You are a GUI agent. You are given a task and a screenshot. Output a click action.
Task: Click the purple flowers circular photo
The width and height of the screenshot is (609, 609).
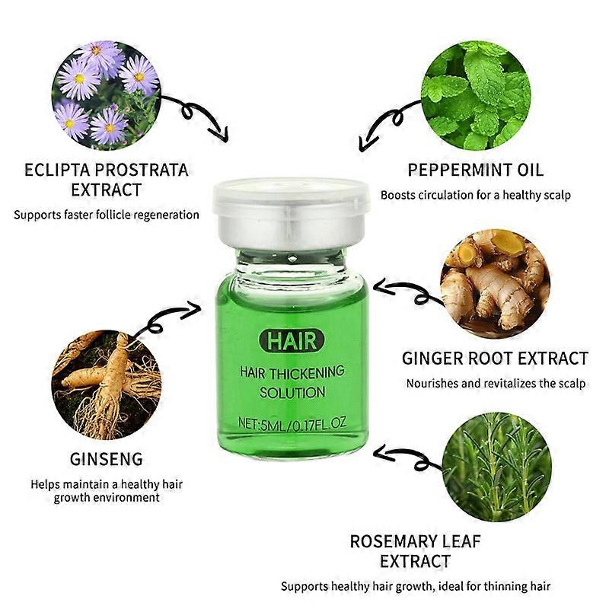[x=107, y=94]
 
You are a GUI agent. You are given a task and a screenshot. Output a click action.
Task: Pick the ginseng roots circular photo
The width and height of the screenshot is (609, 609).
[x=107, y=384]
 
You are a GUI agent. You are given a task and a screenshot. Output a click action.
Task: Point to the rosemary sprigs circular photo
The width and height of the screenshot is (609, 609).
[x=497, y=467]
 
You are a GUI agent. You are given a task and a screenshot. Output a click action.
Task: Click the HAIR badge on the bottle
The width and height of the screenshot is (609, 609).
[x=292, y=340]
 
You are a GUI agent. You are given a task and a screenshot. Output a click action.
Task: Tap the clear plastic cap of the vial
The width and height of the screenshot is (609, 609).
[x=291, y=196]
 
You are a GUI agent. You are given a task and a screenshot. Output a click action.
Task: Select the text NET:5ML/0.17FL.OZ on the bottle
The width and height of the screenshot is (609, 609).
[x=292, y=422]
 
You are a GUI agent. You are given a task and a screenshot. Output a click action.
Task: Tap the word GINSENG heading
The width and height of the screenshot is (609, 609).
[x=107, y=459]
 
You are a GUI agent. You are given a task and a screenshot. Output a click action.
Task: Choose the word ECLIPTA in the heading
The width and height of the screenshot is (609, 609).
[x=56, y=170]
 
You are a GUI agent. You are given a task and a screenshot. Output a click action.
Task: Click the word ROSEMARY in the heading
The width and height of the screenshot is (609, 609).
[x=394, y=541]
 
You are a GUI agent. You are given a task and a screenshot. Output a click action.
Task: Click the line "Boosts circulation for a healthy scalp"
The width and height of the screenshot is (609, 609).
[x=476, y=195]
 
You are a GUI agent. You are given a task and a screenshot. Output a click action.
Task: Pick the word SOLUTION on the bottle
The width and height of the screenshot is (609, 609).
[x=292, y=393]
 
